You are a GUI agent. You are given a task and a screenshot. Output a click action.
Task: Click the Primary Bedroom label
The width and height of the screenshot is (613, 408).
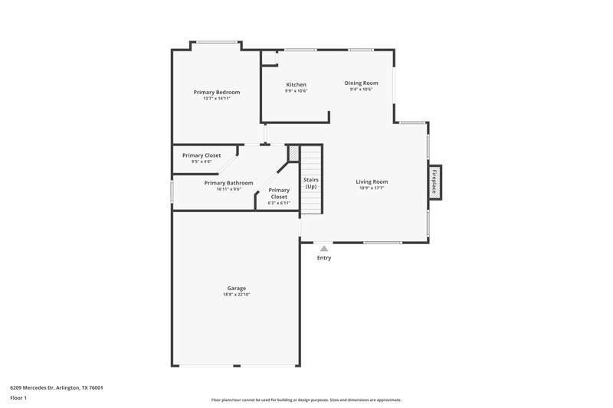217,92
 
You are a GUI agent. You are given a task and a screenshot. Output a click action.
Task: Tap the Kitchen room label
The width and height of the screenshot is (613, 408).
297,84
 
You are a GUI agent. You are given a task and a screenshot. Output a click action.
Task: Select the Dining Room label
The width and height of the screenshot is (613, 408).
361,83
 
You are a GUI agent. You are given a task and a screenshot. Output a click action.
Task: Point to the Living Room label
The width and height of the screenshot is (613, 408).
372,181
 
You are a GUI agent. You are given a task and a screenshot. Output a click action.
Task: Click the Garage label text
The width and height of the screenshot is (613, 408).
236,288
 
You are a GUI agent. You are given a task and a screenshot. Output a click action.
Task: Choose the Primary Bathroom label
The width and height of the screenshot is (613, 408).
228,183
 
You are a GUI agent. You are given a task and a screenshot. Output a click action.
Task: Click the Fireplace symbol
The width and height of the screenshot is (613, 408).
434,184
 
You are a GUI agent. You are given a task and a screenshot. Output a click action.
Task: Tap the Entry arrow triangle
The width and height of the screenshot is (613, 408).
324,248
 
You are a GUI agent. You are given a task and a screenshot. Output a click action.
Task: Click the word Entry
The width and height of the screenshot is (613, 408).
324,258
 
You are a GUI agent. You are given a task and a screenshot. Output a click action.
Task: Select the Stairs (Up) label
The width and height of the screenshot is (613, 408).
310,184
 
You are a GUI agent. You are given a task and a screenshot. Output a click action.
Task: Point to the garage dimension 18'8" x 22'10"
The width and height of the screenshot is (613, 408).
236,295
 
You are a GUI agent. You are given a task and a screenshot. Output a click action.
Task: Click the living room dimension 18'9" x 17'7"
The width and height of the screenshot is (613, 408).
372,188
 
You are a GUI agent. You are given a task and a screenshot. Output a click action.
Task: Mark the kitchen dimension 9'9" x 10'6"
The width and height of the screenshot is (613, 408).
297,91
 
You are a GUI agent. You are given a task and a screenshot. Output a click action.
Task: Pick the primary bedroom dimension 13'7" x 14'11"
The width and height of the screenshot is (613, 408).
217,99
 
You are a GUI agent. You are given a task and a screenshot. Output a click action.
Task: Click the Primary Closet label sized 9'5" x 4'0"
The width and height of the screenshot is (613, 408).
202,155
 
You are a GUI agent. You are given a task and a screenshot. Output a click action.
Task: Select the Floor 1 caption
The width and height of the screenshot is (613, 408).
19,399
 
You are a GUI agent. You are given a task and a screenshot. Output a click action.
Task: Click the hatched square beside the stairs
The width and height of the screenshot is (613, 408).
293,154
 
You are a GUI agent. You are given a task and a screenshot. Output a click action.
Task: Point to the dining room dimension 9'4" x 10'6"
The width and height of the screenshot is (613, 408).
361,90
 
